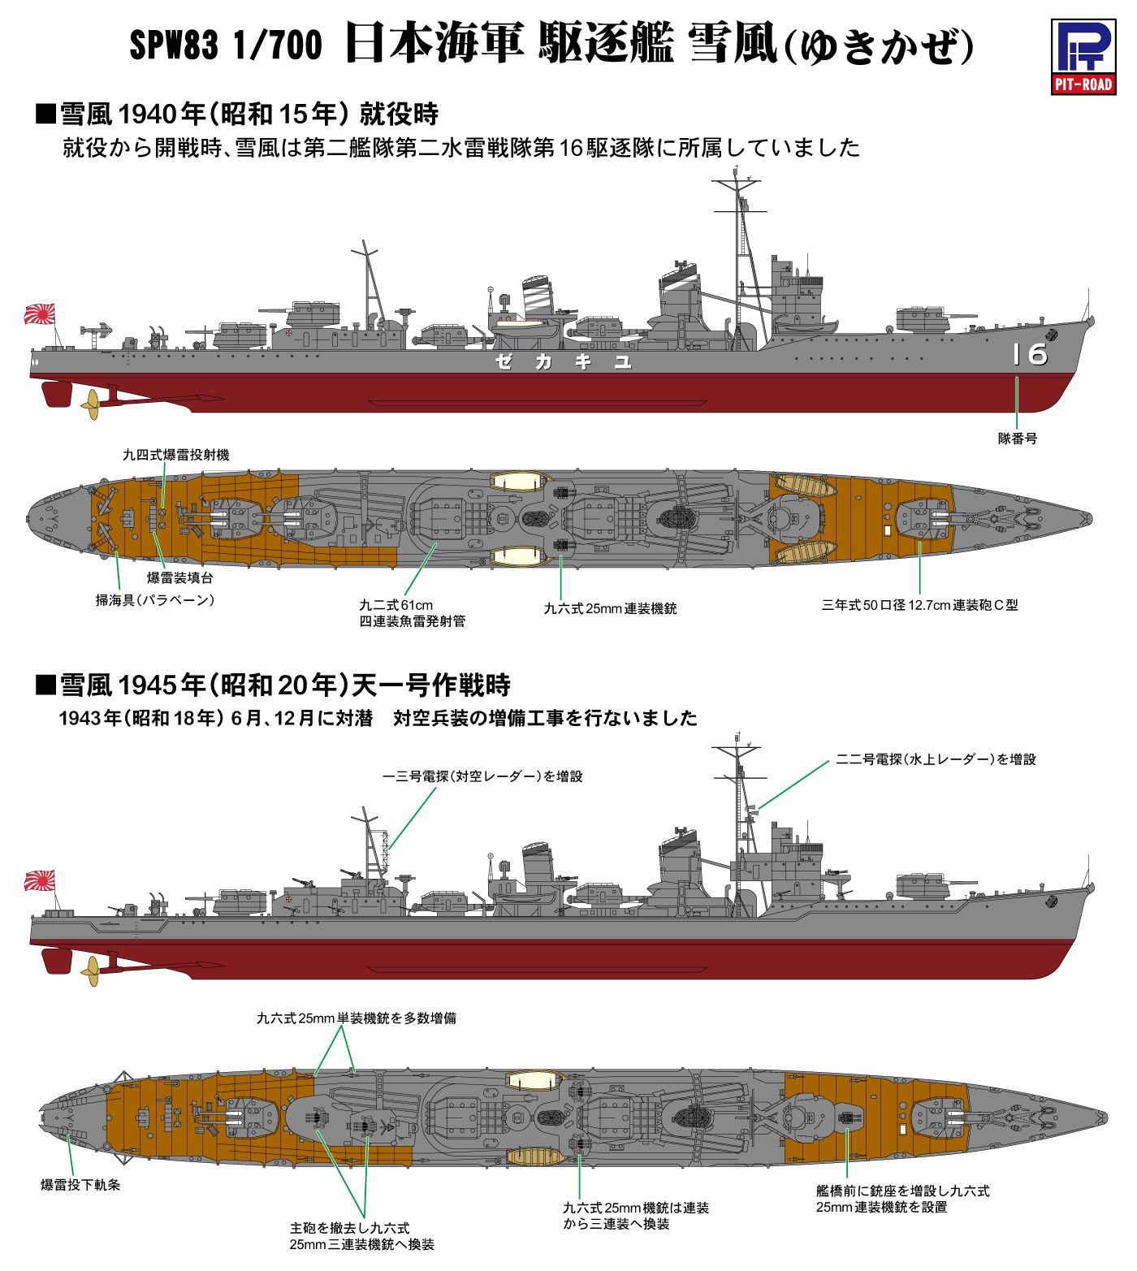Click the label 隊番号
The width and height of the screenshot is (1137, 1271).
coord(1018,438)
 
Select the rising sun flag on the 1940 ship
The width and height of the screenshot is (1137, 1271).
coord(41,313)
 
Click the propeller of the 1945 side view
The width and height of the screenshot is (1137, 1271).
coord(90,969)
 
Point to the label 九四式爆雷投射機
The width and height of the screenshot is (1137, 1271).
coord(175,455)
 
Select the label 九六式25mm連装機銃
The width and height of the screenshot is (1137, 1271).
coord(611,607)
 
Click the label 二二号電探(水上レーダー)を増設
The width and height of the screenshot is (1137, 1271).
coord(936,759)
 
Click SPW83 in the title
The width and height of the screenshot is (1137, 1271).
coord(173,50)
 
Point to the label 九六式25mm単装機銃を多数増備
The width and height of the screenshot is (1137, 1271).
coord(356,1018)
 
